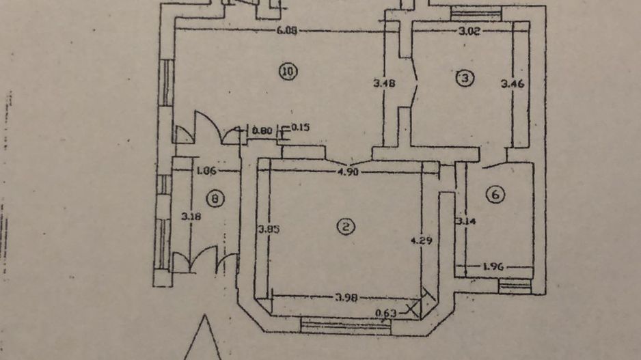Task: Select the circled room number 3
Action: coord(465,79)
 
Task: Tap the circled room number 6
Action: coord(495,195)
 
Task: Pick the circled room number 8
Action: coord(215,199)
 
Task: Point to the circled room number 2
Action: coord(346,226)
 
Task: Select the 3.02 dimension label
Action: coord(465,30)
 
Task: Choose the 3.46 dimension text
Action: coord(512,85)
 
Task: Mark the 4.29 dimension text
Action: coord(421,240)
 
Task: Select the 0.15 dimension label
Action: coord(301,128)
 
